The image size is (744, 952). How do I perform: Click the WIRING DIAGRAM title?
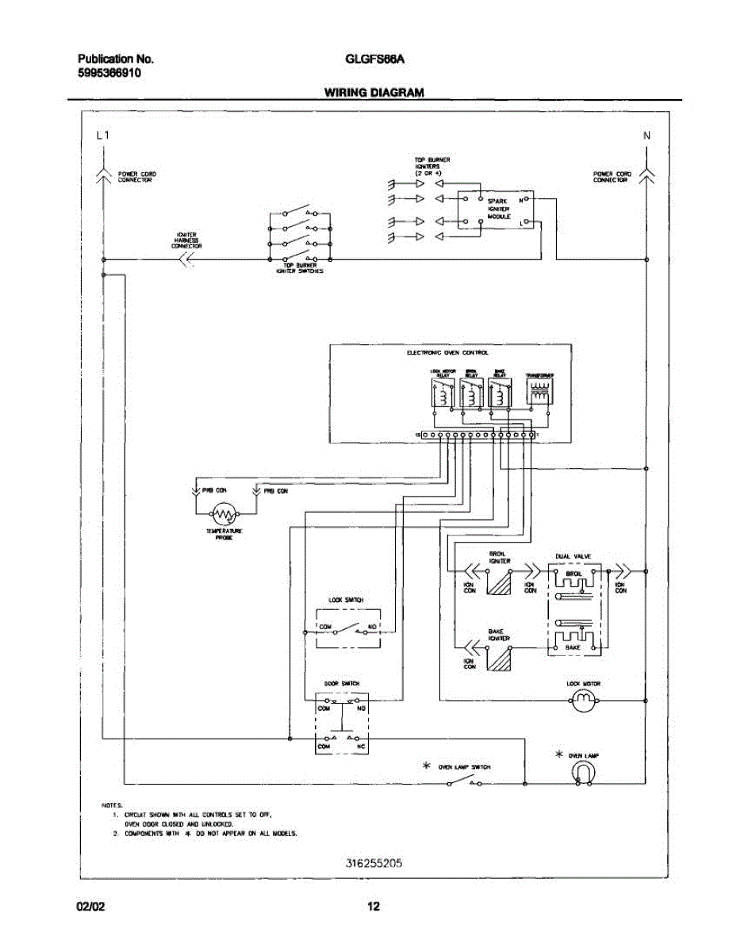[x=374, y=92]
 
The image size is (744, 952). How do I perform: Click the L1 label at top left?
[x=102, y=136]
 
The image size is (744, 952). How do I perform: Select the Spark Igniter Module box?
[x=497, y=213]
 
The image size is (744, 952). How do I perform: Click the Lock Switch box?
[x=348, y=628]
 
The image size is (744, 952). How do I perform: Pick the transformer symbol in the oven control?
[x=539, y=393]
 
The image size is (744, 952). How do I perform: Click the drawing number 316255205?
[x=374, y=864]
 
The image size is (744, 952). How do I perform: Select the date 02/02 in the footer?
[x=90, y=907]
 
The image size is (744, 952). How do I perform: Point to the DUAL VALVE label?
[x=573, y=556]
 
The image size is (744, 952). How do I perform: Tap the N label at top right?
[x=646, y=136]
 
